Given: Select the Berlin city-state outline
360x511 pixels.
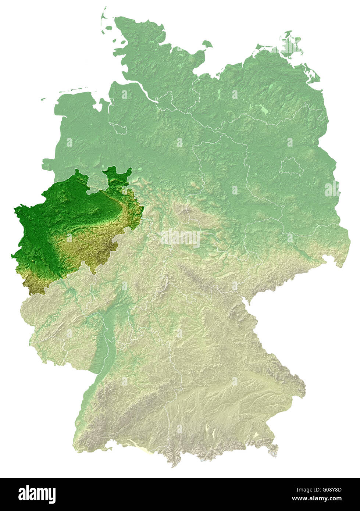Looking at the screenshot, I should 291,167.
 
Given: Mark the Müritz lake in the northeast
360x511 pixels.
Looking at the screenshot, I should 263,109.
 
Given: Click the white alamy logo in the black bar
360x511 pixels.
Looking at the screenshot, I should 37,494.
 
